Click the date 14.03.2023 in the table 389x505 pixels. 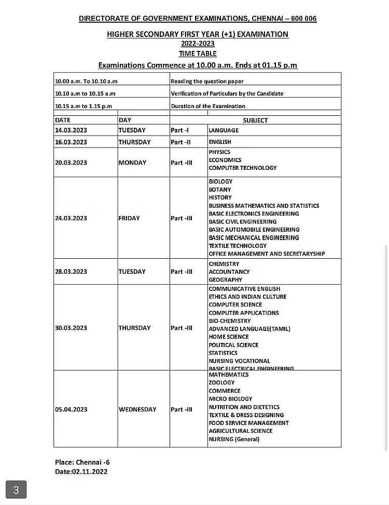[x=71, y=130]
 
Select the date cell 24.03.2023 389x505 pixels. [x=71, y=218]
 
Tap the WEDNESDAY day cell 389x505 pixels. [x=137, y=409]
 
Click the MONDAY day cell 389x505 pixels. [x=132, y=163]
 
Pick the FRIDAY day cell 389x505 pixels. [x=129, y=218]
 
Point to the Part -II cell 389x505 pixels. [x=180, y=142]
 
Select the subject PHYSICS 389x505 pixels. [x=219, y=152]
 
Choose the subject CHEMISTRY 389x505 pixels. [x=224, y=264]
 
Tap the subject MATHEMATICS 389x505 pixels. [x=229, y=375]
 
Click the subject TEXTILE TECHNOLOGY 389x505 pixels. [x=238, y=246]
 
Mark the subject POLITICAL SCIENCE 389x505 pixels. [x=233, y=345]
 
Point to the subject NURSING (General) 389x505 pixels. [x=234, y=439]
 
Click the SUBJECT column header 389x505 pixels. [x=255, y=120]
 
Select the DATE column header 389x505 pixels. [x=63, y=120]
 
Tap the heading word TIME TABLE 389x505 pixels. [x=198, y=54]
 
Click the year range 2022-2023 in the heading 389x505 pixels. [x=198, y=44]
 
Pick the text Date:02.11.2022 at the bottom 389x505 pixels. [x=81, y=472]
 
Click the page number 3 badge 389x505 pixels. [x=16, y=490]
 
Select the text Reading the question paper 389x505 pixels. [x=207, y=82]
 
